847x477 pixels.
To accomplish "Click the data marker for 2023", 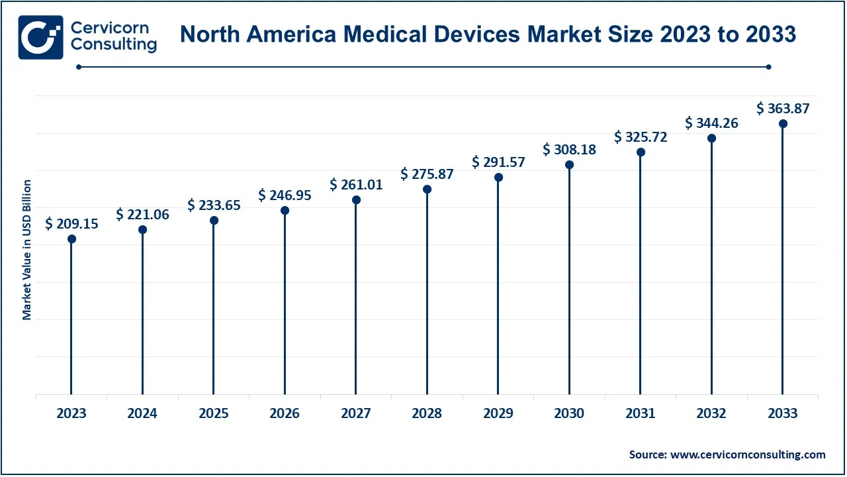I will [71, 238].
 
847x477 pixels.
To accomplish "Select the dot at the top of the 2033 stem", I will [783, 124].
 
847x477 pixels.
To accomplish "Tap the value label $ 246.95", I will [285, 195].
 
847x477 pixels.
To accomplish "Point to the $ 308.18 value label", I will [569, 150].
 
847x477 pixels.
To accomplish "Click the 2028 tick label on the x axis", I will [427, 413].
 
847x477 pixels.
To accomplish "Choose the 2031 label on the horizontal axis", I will [641, 413].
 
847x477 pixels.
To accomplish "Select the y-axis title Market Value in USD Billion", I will [27, 249].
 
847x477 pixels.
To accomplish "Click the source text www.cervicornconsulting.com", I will [748, 454].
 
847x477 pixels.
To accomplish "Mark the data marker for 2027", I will [356, 200].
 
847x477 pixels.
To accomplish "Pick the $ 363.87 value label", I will [783, 108].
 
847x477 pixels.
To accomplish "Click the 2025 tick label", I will [214, 413].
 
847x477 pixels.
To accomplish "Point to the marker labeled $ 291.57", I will [498, 178].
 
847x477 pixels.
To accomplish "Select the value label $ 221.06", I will [142, 214].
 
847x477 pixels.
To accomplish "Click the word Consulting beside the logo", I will [114, 44].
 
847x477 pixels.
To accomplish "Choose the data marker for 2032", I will [711, 138].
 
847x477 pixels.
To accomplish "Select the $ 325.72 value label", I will [641, 136].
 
